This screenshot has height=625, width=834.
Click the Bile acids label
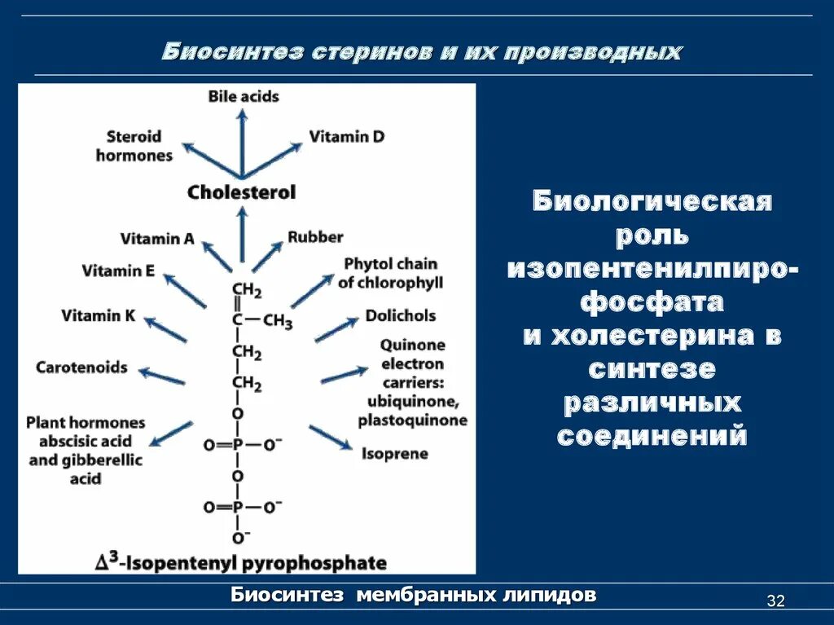pyautogui.click(x=243, y=96)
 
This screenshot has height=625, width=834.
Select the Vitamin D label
pyautogui.click(x=346, y=136)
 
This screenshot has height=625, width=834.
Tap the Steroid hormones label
pyautogui.click(x=134, y=145)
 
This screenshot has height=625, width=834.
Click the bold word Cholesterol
pyautogui.click(x=241, y=193)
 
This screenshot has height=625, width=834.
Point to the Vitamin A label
pyautogui.click(x=157, y=239)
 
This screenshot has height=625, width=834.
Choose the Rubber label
pyautogui.click(x=315, y=237)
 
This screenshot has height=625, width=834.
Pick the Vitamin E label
pyautogui.click(x=118, y=271)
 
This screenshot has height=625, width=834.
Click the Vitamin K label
pyautogui.click(x=98, y=315)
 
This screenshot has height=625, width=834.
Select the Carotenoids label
pyautogui.click(x=81, y=368)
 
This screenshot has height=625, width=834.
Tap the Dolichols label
pyautogui.click(x=400, y=315)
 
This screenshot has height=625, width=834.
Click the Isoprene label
pyautogui.click(x=395, y=453)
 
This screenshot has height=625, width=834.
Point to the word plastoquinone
pyautogui.click(x=412, y=420)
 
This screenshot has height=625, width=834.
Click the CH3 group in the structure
pyautogui.click(x=278, y=321)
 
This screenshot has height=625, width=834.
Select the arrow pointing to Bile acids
pyautogui.click(x=242, y=143)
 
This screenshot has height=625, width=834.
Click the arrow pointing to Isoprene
pyautogui.click(x=330, y=437)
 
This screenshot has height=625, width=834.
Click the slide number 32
pyautogui.click(x=775, y=601)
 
